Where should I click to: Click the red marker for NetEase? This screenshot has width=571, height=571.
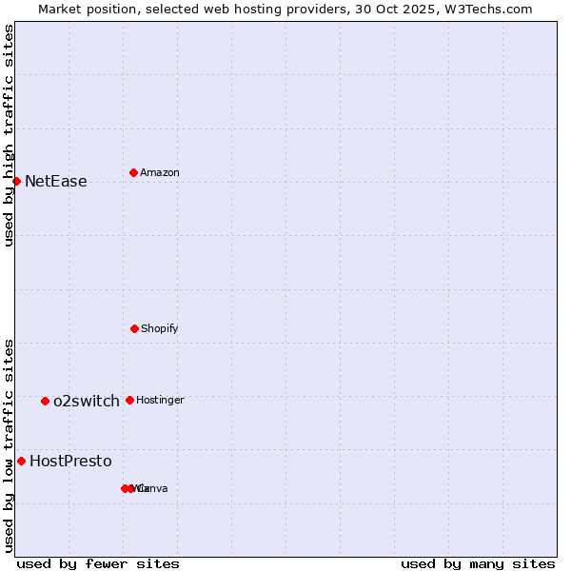tap(16, 181)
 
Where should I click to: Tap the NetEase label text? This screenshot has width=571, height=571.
tap(55, 182)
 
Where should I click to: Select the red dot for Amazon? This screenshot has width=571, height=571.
tap(133, 172)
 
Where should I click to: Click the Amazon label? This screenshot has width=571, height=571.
tap(159, 173)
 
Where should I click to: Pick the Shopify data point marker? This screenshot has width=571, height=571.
tap(134, 328)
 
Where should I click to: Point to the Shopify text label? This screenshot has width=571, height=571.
tap(159, 329)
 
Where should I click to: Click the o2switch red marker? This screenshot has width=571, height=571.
tap(45, 401)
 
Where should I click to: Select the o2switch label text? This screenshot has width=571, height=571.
tap(86, 402)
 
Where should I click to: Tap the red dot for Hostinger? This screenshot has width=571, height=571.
tap(129, 400)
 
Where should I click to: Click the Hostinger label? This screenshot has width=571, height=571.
tap(160, 401)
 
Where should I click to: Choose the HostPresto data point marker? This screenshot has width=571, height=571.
tap(21, 461)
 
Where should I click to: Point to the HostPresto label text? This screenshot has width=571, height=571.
tap(70, 462)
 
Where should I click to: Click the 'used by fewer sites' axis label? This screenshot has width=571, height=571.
tap(98, 563)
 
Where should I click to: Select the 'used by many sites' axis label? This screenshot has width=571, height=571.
tap(478, 563)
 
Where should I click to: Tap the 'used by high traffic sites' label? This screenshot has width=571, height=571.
tap(9, 135)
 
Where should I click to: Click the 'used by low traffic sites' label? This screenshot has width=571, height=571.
tap(9, 445)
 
